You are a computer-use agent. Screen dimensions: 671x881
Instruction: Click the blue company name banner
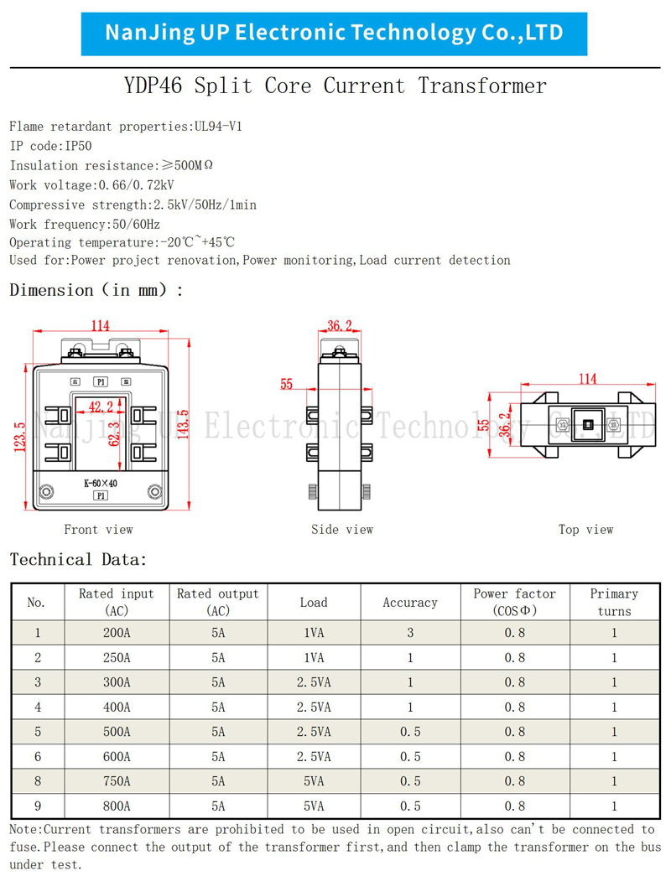pos(334,34)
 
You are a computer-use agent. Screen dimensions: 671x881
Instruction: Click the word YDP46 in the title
pos(153,86)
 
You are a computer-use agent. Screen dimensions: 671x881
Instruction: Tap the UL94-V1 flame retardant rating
pos(218,127)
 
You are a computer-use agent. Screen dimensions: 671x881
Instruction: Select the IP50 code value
pos(78,146)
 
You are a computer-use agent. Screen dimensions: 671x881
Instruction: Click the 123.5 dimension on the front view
pos(20,437)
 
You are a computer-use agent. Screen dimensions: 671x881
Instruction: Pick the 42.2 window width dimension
pos(101,407)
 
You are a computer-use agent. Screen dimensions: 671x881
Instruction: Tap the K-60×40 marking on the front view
pos(101,483)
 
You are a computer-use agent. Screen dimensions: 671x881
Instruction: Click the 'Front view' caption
pos(98,529)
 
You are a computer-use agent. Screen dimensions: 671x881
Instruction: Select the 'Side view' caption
pos(342,529)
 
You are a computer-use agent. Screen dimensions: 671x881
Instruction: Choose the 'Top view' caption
pos(585,529)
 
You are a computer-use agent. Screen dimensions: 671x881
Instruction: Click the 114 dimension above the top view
pos(588,379)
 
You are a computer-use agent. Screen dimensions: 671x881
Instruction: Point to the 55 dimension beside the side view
pos(287,384)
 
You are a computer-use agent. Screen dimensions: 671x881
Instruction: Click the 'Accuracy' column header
pos(410,603)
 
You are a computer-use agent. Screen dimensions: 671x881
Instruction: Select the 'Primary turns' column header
pos(614,603)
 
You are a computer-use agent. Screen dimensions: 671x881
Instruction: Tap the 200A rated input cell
pos(117,633)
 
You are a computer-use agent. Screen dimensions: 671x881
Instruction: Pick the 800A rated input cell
pos(117,806)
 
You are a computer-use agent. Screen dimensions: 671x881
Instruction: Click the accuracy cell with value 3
pos(410,633)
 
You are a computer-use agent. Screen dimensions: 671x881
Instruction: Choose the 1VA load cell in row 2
pos(314,658)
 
